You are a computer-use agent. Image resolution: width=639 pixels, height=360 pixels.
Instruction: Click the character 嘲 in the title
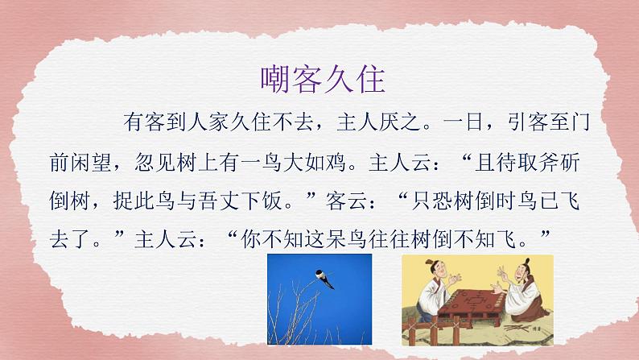277,80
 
